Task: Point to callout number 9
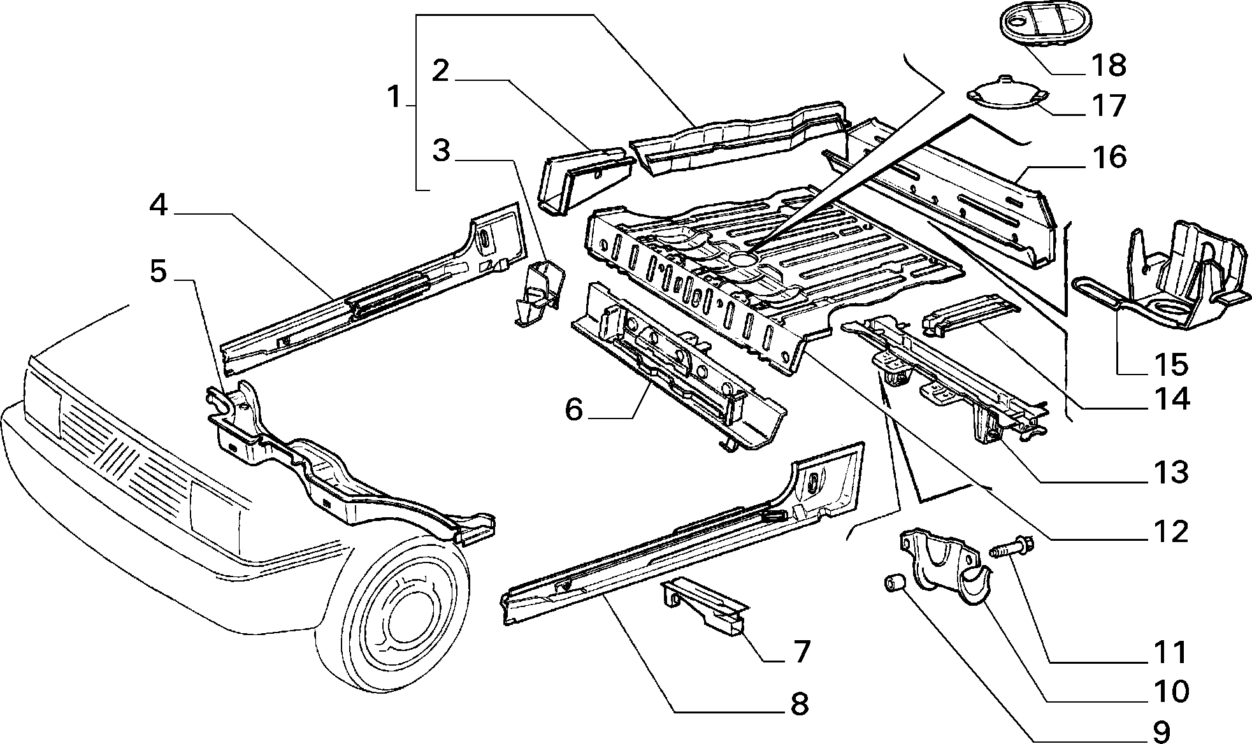[x=1162, y=731]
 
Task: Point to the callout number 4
[x=159, y=205]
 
